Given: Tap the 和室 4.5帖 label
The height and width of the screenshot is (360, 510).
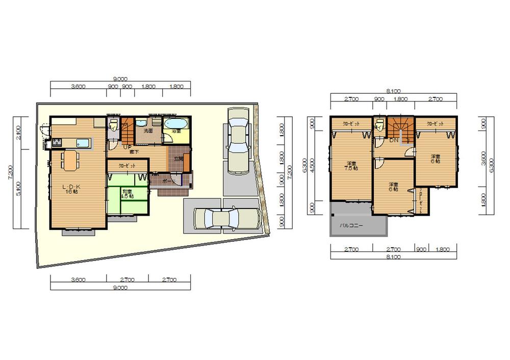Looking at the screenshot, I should [x=127, y=194].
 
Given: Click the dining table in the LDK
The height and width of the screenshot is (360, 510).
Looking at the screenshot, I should [x=70, y=160].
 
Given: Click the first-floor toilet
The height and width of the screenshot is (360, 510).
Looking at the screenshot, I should [x=113, y=125].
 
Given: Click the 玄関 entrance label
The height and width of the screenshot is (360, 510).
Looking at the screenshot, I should [x=178, y=159].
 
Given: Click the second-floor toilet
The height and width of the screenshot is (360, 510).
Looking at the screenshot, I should [x=378, y=125].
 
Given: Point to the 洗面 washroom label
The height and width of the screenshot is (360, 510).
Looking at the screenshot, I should [x=148, y=131].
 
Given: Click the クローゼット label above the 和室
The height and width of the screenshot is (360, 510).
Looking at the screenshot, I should [x=127, y=166].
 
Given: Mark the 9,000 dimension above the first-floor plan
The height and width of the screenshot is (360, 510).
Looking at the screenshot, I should [x=120, y=79].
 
